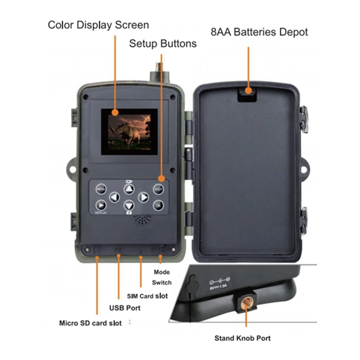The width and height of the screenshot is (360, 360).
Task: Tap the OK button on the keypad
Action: (x=157, y=205)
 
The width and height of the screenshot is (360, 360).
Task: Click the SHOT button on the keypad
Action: (x=157, y=189)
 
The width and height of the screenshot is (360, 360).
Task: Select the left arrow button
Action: (x=115, y=197)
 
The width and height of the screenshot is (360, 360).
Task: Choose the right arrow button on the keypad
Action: (x=143, y=197)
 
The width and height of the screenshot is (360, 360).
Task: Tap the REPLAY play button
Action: (x=101, y=205)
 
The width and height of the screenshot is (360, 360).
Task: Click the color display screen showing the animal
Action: (x=129, y=132)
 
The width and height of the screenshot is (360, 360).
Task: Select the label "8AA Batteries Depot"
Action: (x=259, y=32)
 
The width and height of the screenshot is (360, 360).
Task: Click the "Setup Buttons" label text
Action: (x=163, y=44)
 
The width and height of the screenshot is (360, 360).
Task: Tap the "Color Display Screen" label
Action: (x=98, y=24)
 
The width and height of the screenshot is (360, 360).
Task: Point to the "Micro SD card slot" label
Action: (x=90, y=323)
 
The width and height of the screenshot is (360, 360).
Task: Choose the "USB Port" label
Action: (x=125, y=308)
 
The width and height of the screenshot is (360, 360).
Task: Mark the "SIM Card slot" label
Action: (x=148, y=296)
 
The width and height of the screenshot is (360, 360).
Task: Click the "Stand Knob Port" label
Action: (x=243, y=338)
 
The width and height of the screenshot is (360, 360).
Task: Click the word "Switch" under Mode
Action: (x=162, y=283)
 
